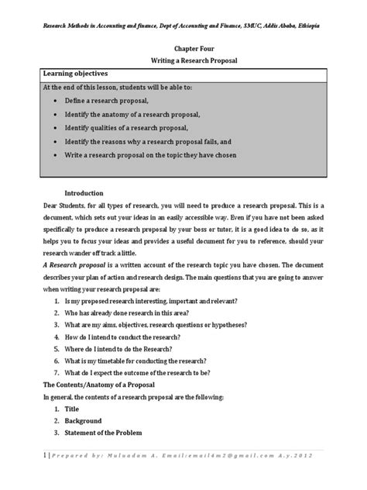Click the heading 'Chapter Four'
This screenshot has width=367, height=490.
183,47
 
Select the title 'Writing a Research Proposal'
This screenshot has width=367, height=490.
183,60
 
